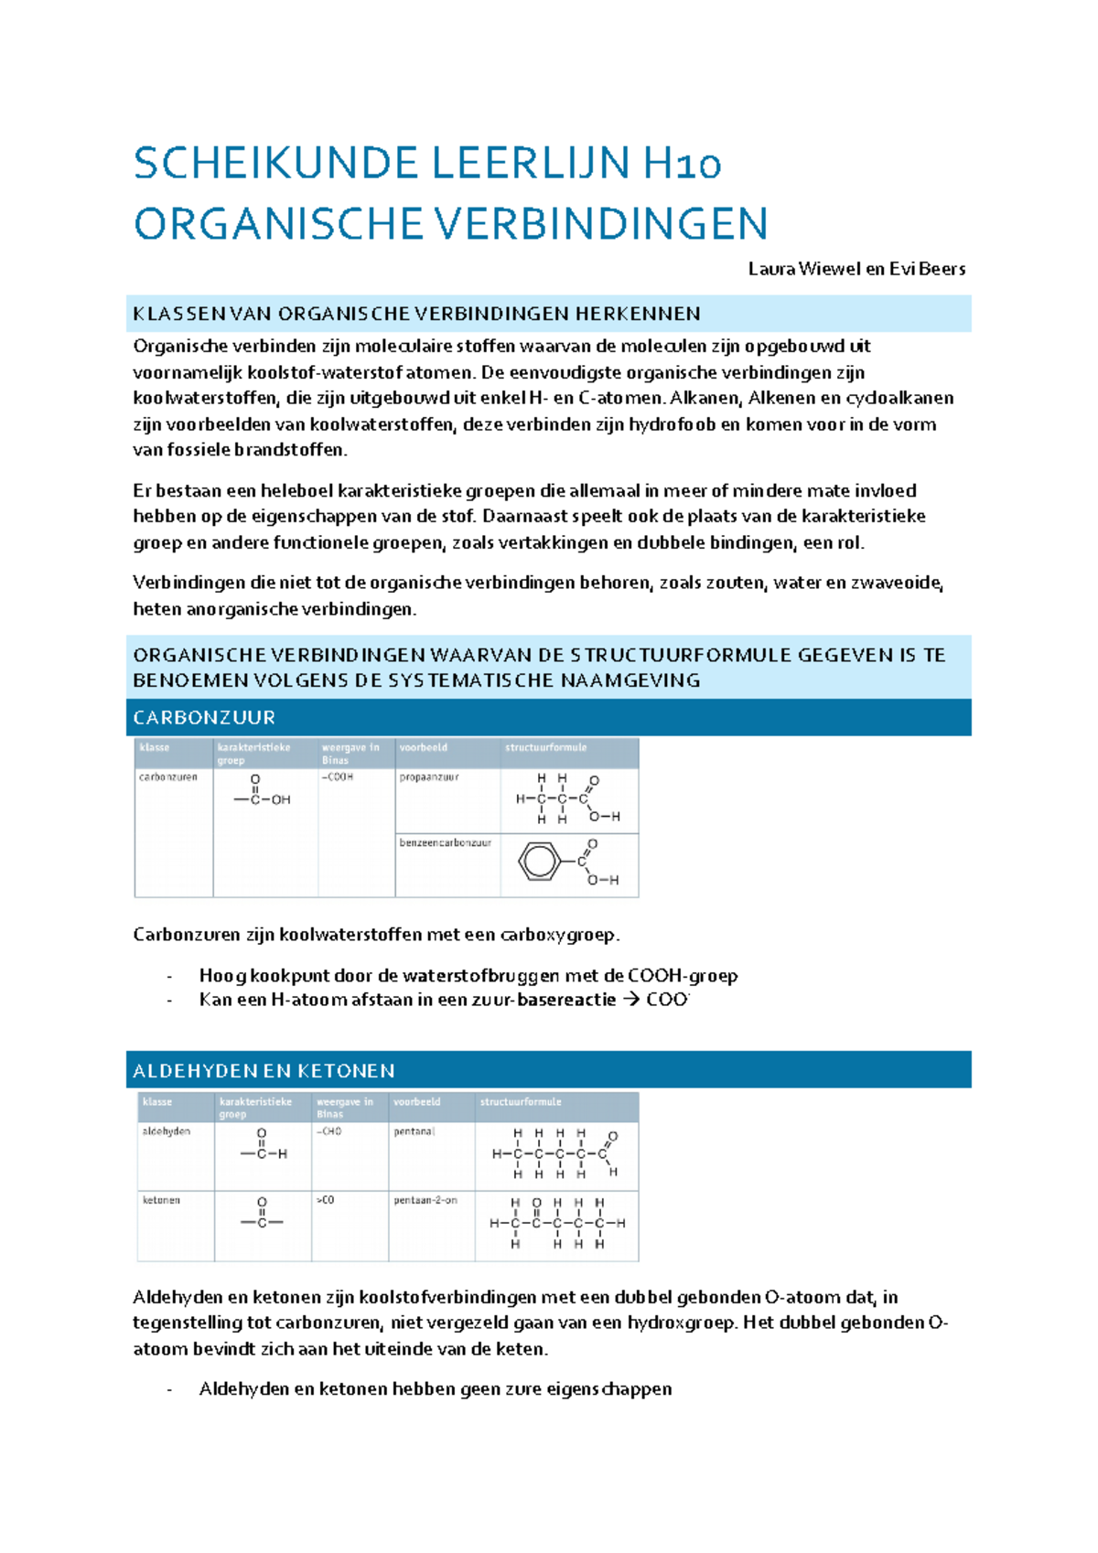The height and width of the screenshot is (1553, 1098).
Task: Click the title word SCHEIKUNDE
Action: click(x=275, y=165)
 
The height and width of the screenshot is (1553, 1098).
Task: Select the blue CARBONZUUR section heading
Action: click(x=204, y=718)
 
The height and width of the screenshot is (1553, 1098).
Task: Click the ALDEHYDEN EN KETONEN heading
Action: click(x=264, y=1071)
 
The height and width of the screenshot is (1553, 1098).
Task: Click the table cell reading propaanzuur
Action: click(x=428, y=777)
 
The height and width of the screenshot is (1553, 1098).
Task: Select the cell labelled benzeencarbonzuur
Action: click(x=445, y=843)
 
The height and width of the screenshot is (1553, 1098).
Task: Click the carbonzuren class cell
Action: click(x=168, y=777)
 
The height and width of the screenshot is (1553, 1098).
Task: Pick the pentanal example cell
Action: click(x=414, y=1132)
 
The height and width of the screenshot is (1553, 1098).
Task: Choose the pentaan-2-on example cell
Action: click(x=425, y=1201)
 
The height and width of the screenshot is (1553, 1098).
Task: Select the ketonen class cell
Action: click(x=161, y=1201)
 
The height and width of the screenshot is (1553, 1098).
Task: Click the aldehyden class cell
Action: click(x=167, y=1132)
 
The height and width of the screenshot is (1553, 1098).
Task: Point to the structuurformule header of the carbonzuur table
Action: click(x=545, y=748)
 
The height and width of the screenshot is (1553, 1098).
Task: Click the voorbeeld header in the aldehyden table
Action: click(x=417, y=1103)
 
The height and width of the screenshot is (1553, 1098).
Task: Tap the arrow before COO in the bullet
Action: click(x=631, y=1001)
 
